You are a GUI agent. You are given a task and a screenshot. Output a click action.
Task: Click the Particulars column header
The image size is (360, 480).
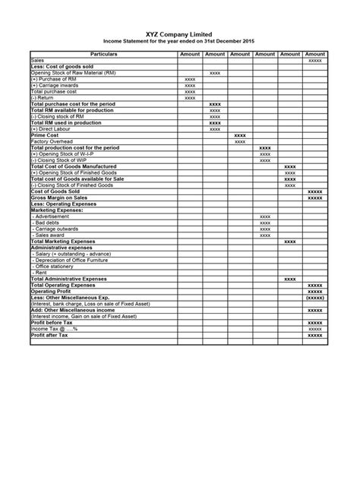pos(102,55)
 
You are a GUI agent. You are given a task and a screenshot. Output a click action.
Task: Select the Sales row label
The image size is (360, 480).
pos(37,61)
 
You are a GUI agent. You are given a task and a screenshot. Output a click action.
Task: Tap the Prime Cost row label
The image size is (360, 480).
pos(45,135)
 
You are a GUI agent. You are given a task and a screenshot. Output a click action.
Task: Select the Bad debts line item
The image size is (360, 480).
pos(49,223)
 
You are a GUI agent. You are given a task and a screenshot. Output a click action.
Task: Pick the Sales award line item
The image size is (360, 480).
pos(52,235)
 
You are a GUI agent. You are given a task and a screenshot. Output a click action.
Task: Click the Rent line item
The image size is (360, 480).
pos(41,272)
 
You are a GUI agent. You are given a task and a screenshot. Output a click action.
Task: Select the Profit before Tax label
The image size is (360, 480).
pos(53,322)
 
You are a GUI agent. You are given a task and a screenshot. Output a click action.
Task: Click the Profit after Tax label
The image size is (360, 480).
pos(49,334)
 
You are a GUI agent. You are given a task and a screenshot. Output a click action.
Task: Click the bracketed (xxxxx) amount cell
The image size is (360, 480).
pos(314,297)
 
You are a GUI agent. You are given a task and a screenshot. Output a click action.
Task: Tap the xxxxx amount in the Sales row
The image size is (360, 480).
pos(314,61)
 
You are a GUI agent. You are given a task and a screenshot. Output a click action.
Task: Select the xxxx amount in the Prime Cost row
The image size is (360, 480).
pos(240,135)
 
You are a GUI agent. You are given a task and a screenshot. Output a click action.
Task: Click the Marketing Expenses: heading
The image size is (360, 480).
pos(58,210)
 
